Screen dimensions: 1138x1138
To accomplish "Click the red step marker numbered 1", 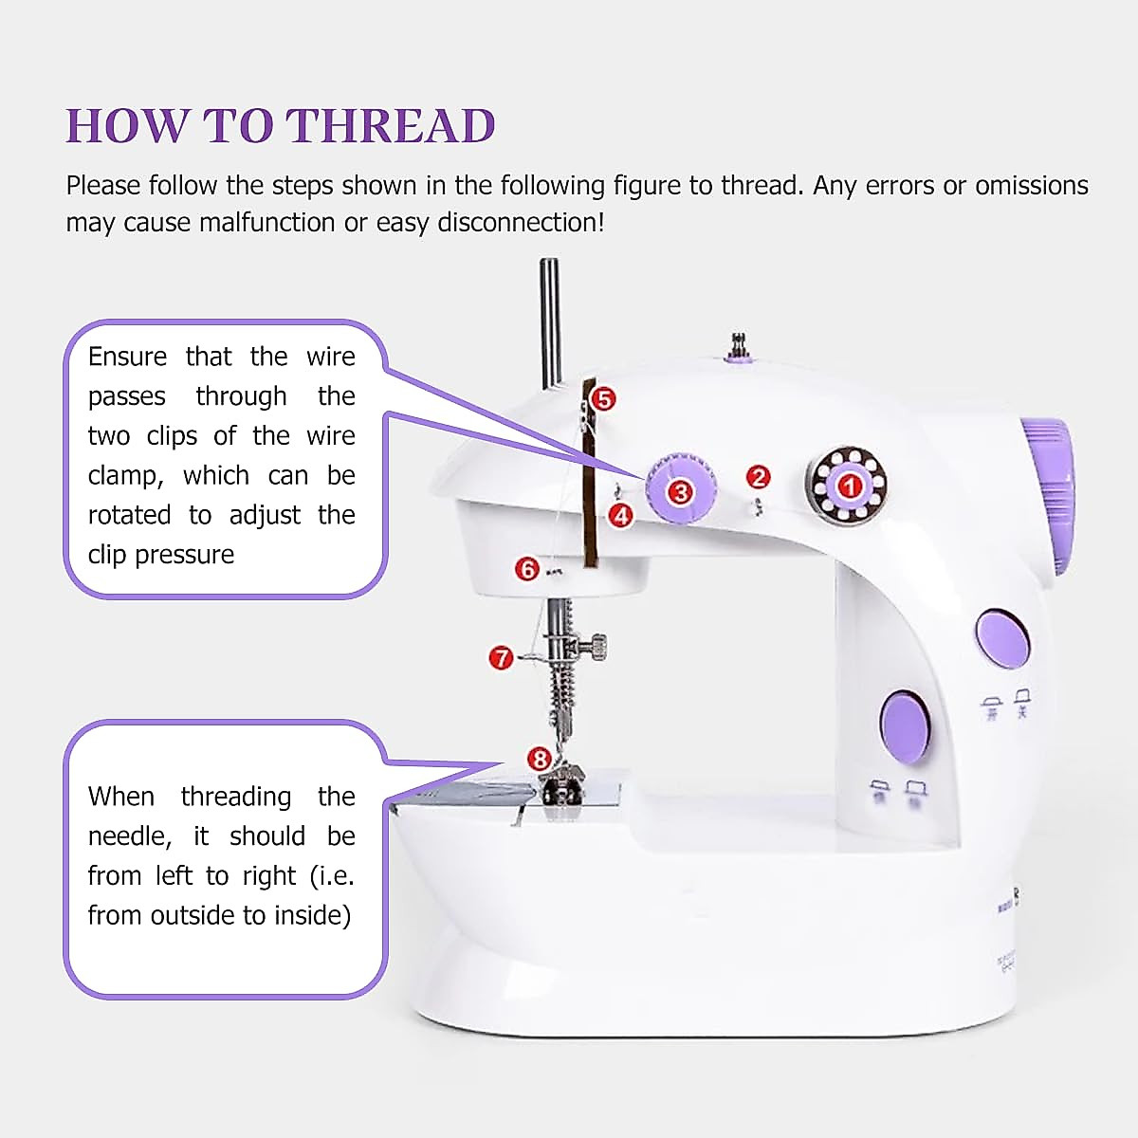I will click(x=849, y=486).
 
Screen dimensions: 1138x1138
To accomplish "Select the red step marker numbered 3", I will click(x=679, y=491).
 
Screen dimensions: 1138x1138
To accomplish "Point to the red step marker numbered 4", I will click(x=621, y=516).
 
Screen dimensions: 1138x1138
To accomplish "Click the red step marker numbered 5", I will click(x=602, y=399).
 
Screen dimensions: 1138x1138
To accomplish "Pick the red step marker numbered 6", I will click(x=527, y=568).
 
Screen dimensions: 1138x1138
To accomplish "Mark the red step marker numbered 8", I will click(x=539, y=759).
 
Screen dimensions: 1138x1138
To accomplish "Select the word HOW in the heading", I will click(x=126, y=126).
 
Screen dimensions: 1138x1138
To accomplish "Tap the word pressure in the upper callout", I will click(x=185, y=555).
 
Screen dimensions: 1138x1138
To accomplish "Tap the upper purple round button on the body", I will click(x=1003, y=635).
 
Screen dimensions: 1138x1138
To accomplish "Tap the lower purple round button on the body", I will click(x=905, y=727).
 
